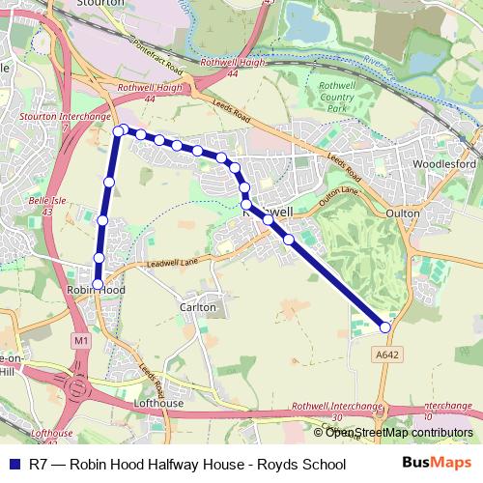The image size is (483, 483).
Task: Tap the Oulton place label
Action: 402,212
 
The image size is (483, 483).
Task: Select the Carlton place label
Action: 197,307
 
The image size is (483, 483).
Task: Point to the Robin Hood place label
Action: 96,290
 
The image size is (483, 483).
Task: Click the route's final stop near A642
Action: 386,327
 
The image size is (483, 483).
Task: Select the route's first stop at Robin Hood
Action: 98,283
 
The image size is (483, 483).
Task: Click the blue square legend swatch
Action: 12,464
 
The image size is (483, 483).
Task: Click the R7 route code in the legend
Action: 37,464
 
